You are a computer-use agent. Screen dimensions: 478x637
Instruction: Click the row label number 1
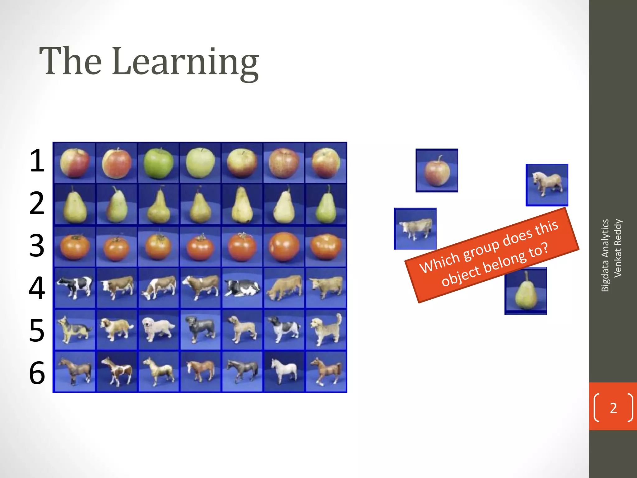[37, 161]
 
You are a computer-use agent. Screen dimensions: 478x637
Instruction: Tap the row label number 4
[37, 288]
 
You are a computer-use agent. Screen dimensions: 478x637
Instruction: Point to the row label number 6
[37, 373]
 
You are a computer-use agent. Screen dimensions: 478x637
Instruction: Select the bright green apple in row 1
[158, 163]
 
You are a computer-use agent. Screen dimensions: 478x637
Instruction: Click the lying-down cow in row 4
[242, 288]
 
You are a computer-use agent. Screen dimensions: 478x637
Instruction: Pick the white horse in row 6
[284, 371]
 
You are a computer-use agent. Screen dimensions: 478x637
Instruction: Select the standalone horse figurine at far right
[547, 185]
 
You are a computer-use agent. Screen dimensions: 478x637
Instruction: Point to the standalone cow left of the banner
[415, 229]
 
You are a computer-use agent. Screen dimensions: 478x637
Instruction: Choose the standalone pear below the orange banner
[526, 293]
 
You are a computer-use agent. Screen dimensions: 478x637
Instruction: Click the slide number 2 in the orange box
[613, 408]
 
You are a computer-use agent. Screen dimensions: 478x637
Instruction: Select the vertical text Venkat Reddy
[618, 248]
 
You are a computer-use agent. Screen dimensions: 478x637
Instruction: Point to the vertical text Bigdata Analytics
[605, 255]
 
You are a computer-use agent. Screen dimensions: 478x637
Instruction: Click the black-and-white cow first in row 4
[75, 287]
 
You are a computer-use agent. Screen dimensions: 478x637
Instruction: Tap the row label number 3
[37, 246]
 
